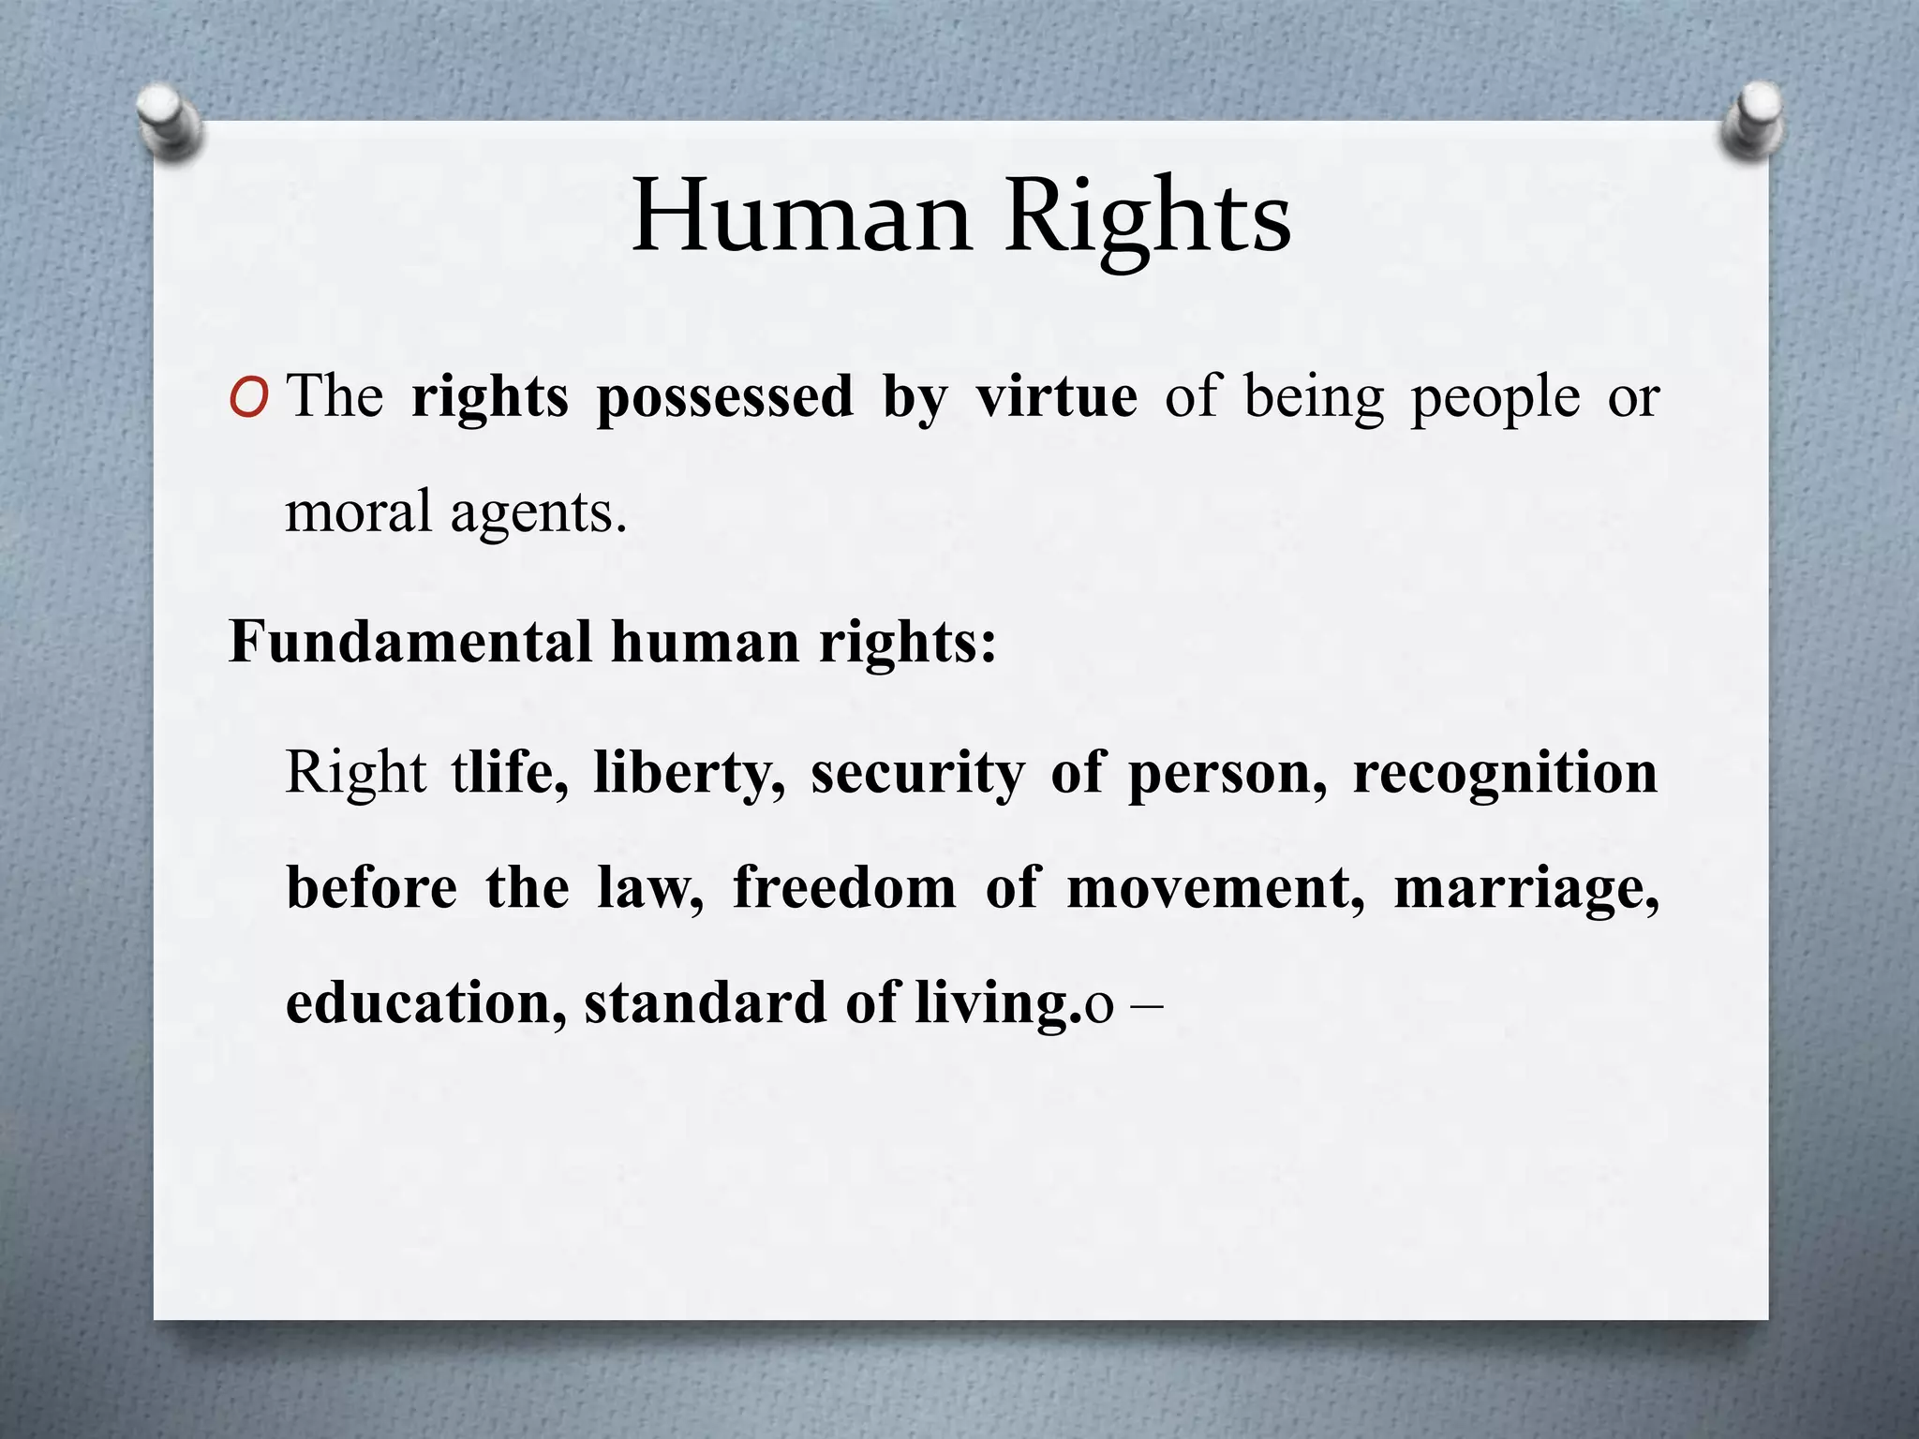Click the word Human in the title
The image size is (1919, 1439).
(801, 217)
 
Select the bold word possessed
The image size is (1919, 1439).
(725, 397)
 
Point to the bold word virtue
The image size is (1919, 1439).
(1057, 397)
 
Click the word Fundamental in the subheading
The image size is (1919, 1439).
(410, 643)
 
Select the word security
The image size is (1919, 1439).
(917, 776)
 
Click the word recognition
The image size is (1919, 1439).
(1505, 776)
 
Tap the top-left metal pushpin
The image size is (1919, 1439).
(168, 121)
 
